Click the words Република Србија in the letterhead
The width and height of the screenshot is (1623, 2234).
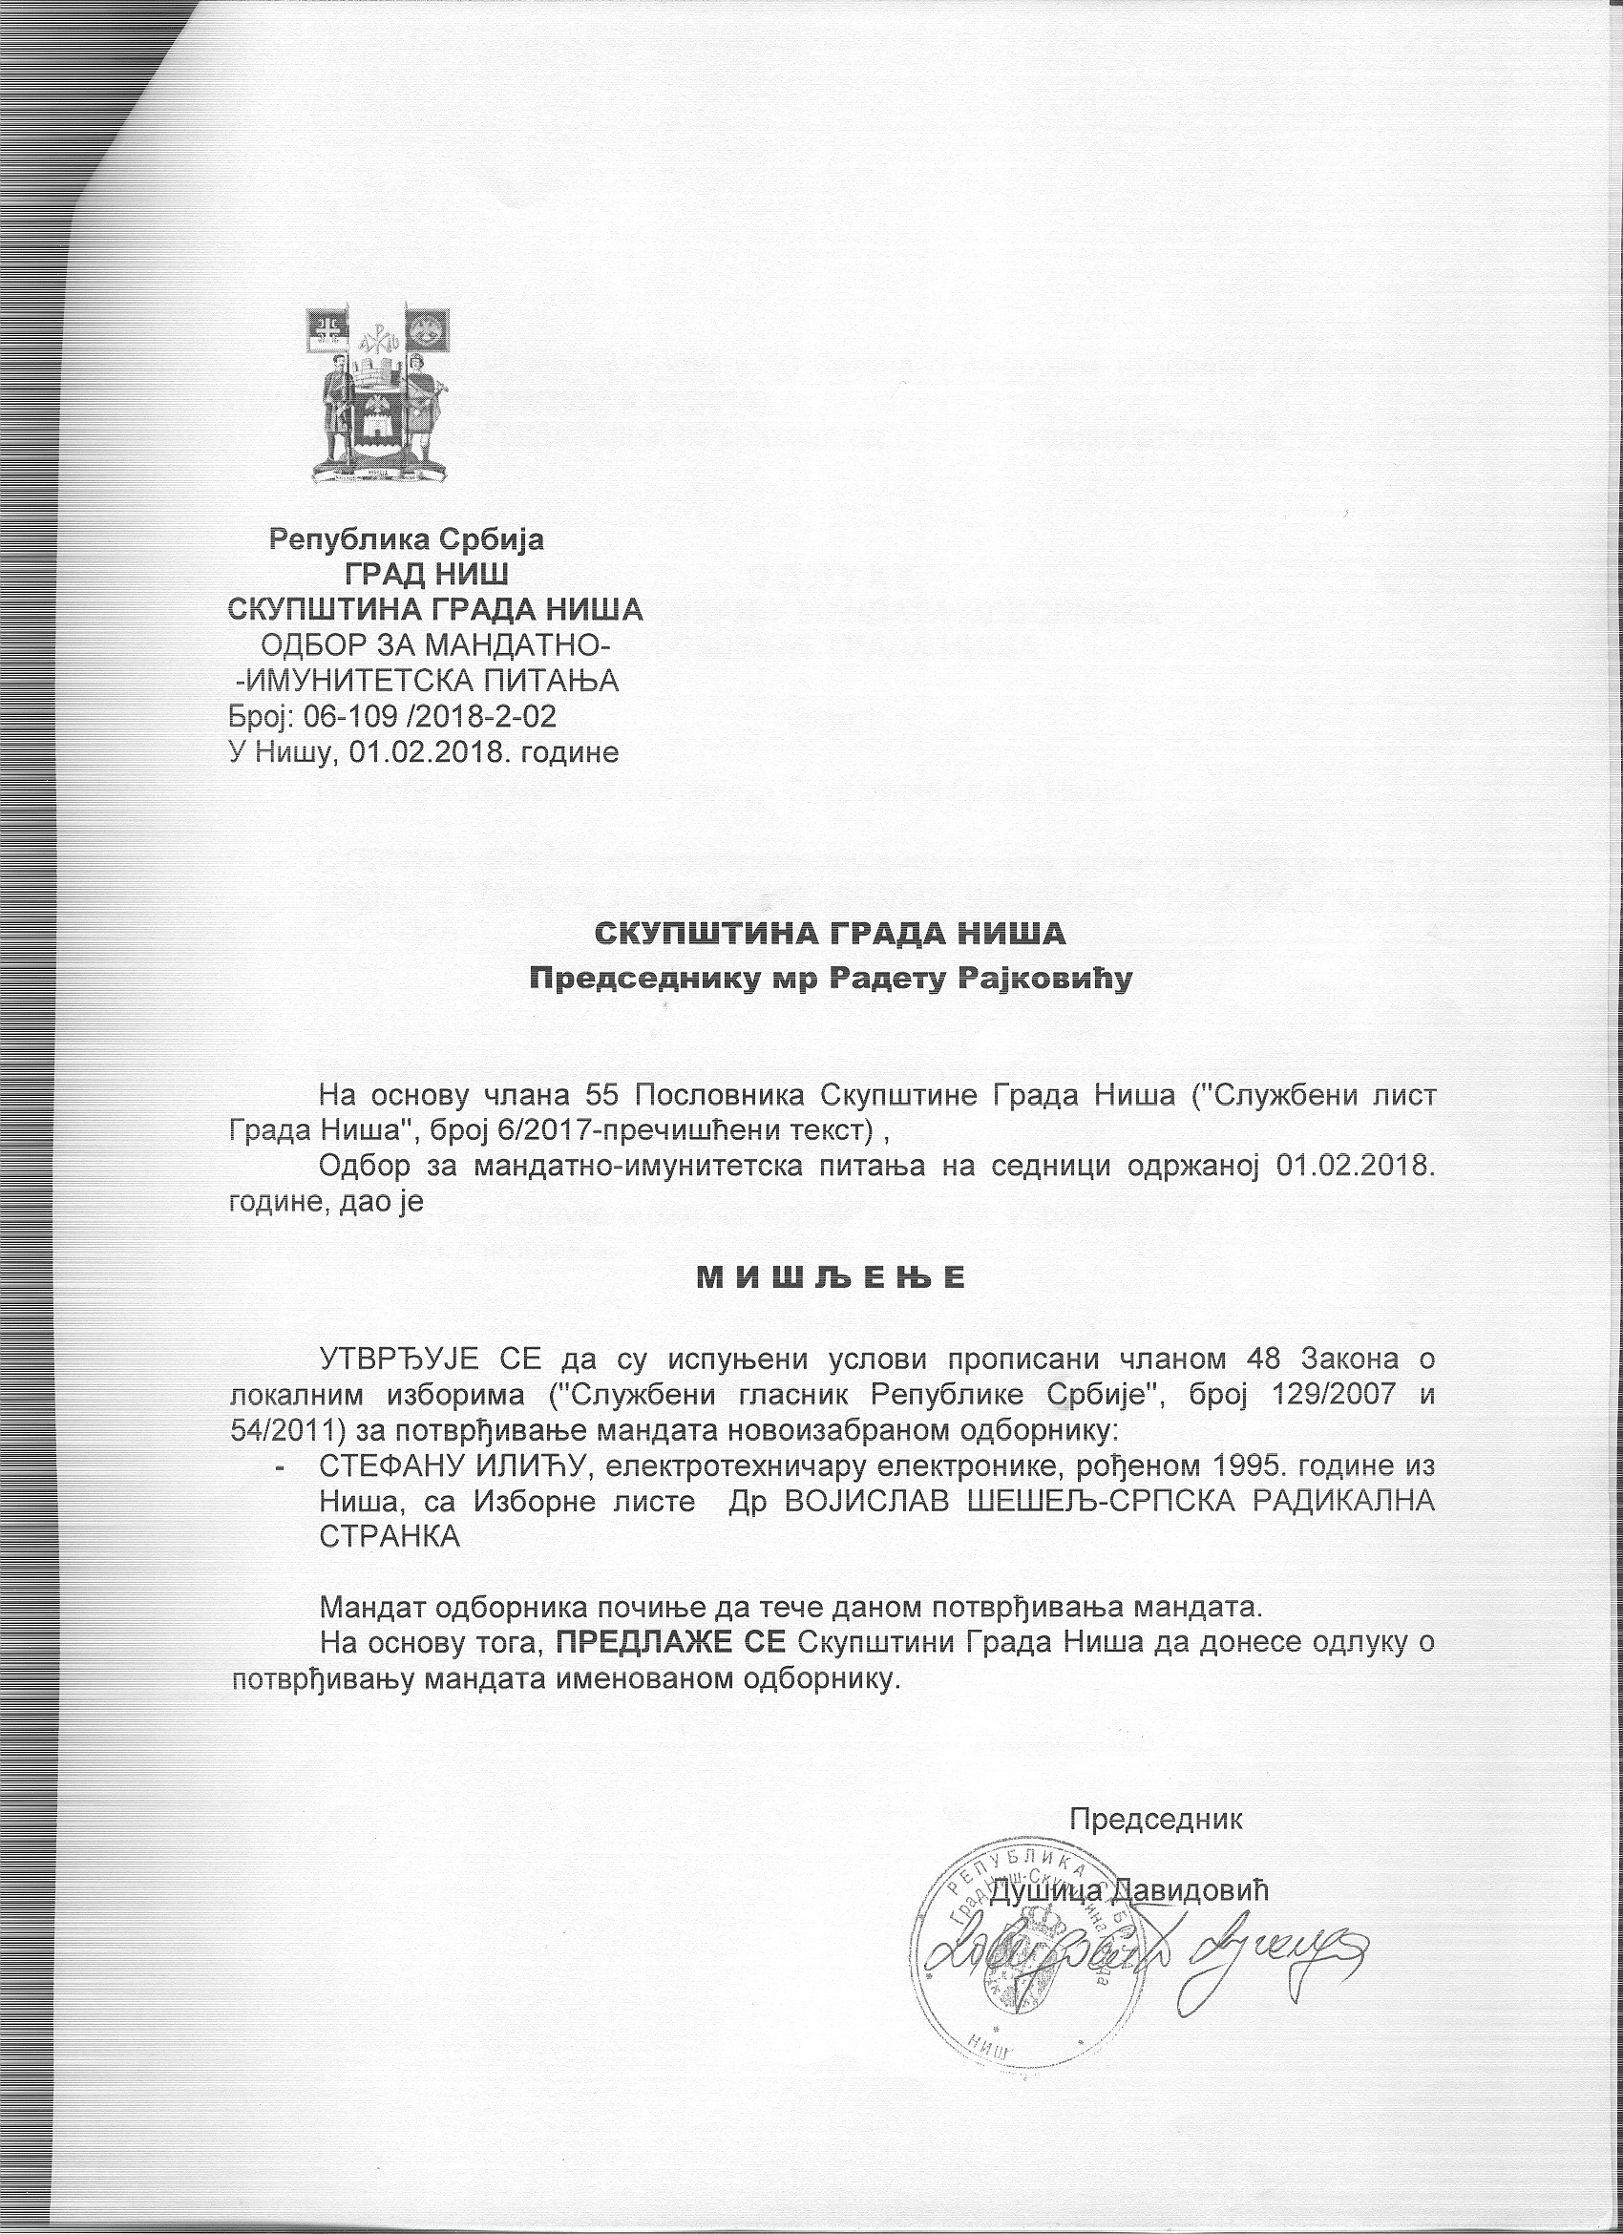pos(407,538)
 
